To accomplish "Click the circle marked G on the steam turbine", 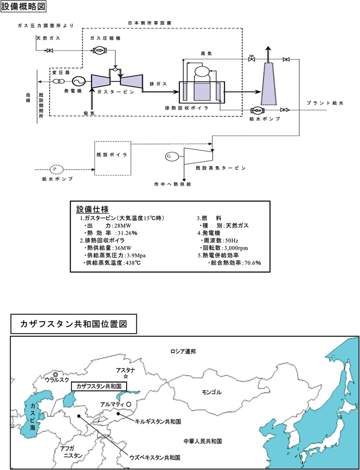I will pos(169,156).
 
